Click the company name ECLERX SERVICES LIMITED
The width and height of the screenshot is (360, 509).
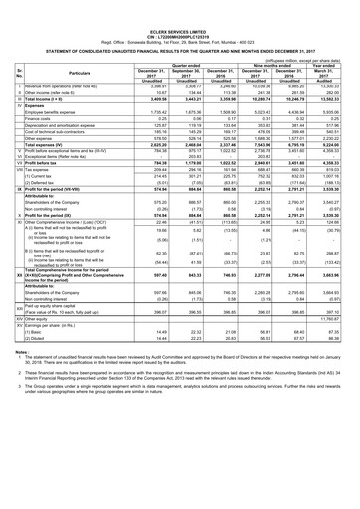click(180, 5)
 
